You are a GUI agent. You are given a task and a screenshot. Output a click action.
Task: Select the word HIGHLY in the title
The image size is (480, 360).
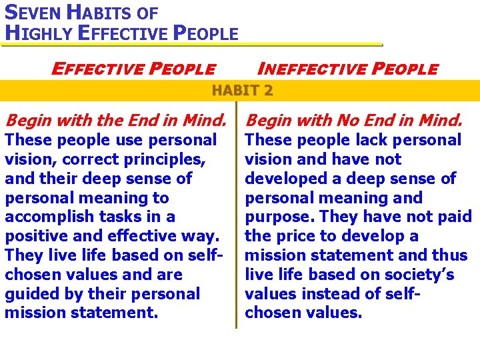37,32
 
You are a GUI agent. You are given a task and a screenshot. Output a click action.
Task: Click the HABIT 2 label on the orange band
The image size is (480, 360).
243,91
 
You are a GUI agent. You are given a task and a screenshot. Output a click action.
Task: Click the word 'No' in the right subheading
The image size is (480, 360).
347,121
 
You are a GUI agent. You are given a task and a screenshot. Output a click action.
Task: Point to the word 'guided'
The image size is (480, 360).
31,294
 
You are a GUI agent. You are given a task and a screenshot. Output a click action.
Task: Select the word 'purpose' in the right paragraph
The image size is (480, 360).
279,217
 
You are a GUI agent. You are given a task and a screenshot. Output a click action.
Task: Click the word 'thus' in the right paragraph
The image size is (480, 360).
451,256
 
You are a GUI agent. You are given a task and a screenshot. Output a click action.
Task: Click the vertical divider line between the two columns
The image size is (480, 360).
236,220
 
